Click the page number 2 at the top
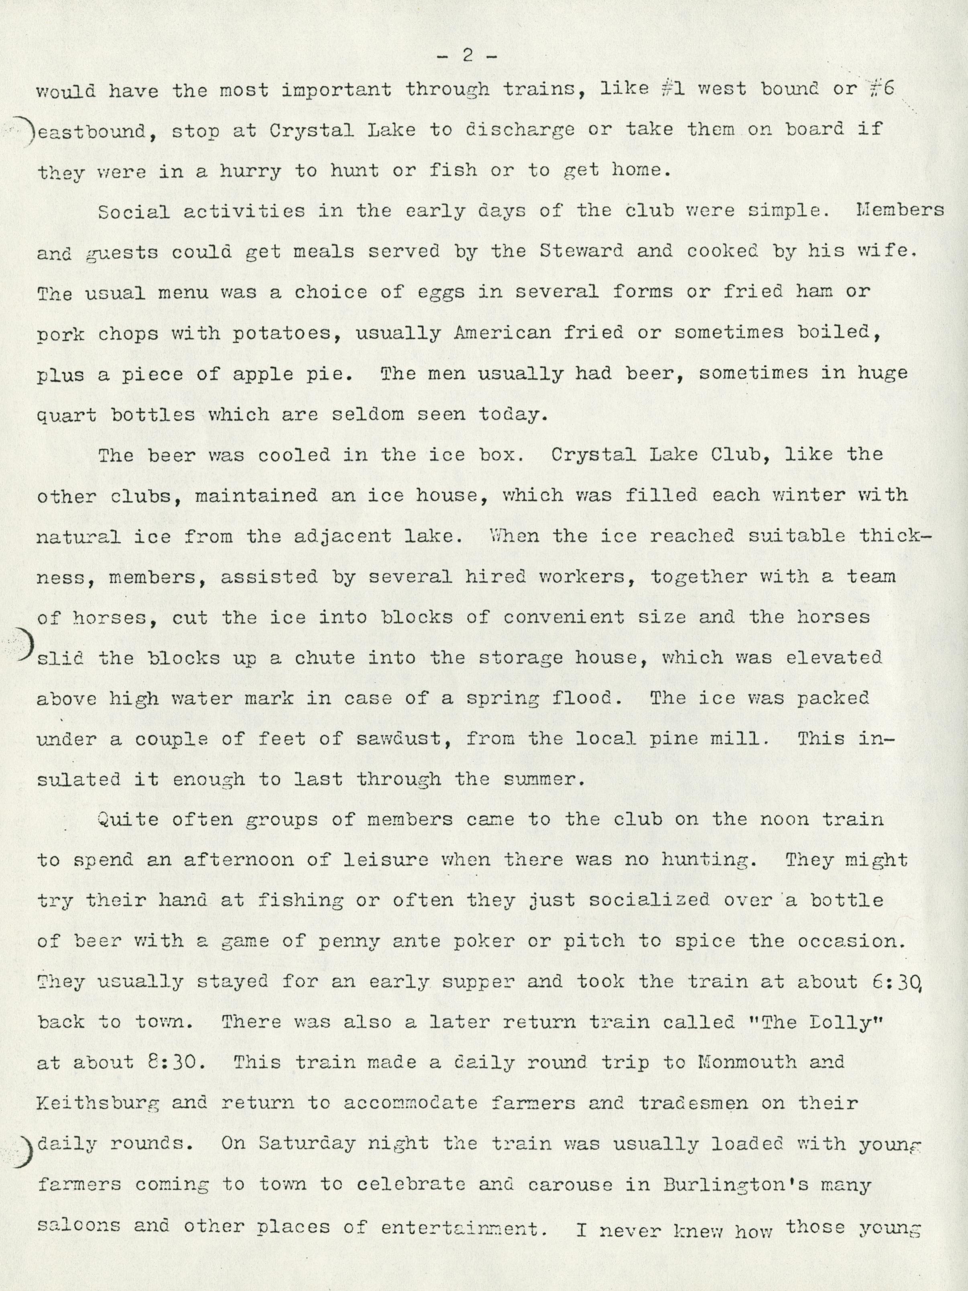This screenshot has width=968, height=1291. pos(467,57)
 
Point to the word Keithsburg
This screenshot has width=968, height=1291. pos(98,1104)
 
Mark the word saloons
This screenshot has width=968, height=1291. pos(79,1224)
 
